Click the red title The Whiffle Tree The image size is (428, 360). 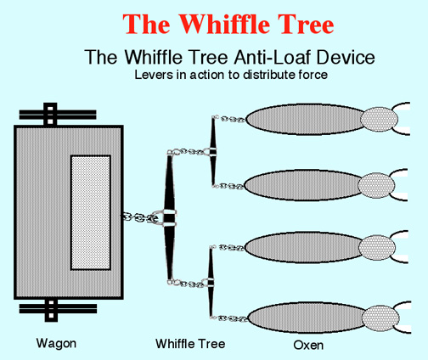[228, 24]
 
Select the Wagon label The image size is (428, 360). [56, 344]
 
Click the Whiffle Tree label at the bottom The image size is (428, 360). [190, 344]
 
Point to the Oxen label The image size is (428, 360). [308, 346]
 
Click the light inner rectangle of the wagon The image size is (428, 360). [91, 212]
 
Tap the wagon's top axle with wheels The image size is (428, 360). [58, 115]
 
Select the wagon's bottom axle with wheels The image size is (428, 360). [58, 310]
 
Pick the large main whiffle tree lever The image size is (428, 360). [170, 217]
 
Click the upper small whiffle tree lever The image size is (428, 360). [213, 151]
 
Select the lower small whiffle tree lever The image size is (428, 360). [211, 282]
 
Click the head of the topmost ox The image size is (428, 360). [379, 119]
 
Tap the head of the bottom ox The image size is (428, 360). [380, 318]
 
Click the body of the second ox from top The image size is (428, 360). [304, 185]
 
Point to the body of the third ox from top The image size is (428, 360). [305, 247]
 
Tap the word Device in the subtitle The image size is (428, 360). [346, 57]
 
